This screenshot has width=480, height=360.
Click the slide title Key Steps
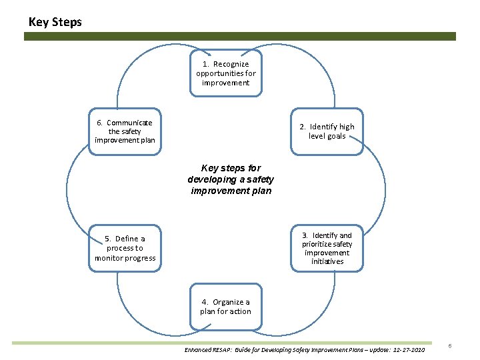(x=55, y=22)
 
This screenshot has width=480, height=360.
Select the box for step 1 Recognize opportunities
(x=226, y=73)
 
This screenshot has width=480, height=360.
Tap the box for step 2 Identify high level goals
(x=327, y=131)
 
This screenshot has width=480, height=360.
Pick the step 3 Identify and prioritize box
(x=327, y=248)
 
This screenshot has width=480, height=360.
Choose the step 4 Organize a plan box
(x=225, y=307)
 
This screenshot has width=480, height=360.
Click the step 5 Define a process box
(x=125, y=248)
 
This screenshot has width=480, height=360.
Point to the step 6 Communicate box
(x=125, y=131)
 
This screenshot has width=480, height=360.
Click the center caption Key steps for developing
(x=231, y=179)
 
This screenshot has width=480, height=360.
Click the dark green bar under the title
(x=240, y=37)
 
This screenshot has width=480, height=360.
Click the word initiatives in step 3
(x=327, y=261)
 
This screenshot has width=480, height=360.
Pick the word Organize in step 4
(x=231, y=302)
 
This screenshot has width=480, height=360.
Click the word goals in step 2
(x=336, y=136)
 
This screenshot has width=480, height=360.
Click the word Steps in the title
(x=67, y=22)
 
